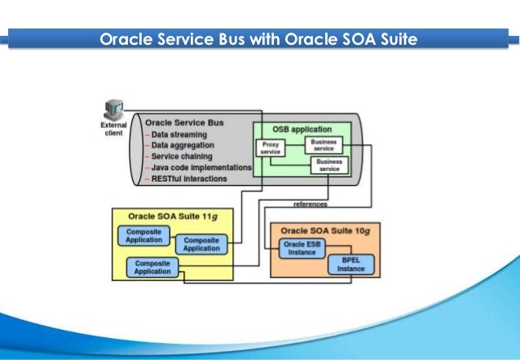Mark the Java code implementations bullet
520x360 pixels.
pyautogui.click(x=201, y=167)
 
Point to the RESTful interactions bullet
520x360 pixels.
pyautogui.click(x=190, y=178)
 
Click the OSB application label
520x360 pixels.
pyautogui.click(x=302, y=130)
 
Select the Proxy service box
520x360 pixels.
pyautogui.click(x=270, y=149)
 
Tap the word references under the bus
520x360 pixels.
pyautogui.click(x=310, y=204)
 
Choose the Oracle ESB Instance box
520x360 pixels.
pyautogui.click(x=302, y=248)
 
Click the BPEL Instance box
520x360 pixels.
pyautogui.click(x=351, y=266)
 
